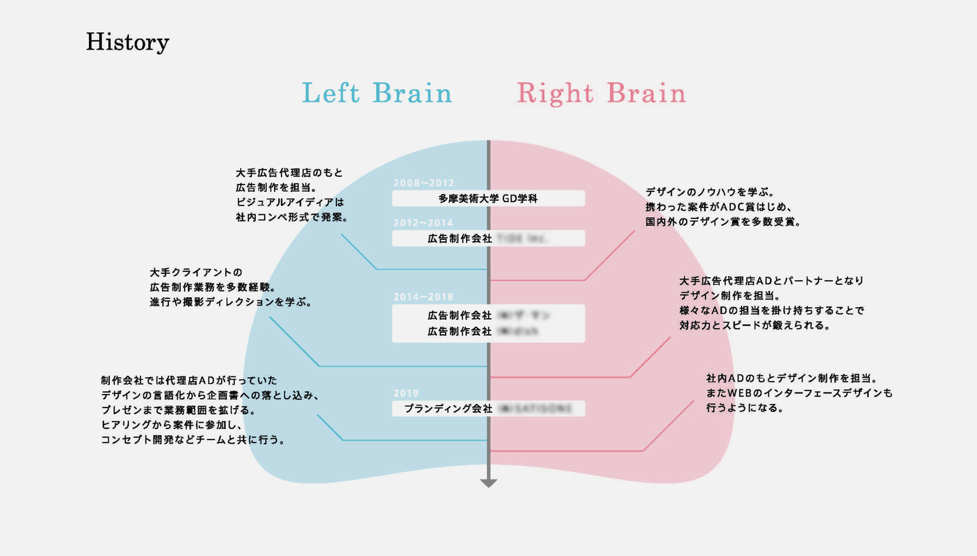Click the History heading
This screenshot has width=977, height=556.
coord(128,42)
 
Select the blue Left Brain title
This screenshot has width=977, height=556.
coord(377,93)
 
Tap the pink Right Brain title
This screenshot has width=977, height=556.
coord(601,93)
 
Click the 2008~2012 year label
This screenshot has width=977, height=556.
coord(423,182)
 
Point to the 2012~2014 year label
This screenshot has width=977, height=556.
coord(423,222)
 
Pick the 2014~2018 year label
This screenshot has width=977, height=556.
coord(423,297)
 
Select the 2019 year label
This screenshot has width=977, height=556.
coord(406,393)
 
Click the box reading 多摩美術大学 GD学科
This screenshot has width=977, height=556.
coord(488,198)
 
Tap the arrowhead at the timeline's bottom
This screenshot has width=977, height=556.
coord(488,483)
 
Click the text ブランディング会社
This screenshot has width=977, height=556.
coord(448,408)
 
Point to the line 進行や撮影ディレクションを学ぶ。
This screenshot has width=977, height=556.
coord(231,302)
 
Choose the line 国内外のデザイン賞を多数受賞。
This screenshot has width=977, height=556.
coord(723,221)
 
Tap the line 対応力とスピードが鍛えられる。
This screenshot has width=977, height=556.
coord(755,325)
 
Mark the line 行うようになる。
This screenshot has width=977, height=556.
coord(745,408)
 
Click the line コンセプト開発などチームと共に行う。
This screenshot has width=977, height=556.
coord(193,440)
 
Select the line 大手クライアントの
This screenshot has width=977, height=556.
coord(195,273)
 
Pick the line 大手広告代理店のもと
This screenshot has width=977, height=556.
coord(290,173)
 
